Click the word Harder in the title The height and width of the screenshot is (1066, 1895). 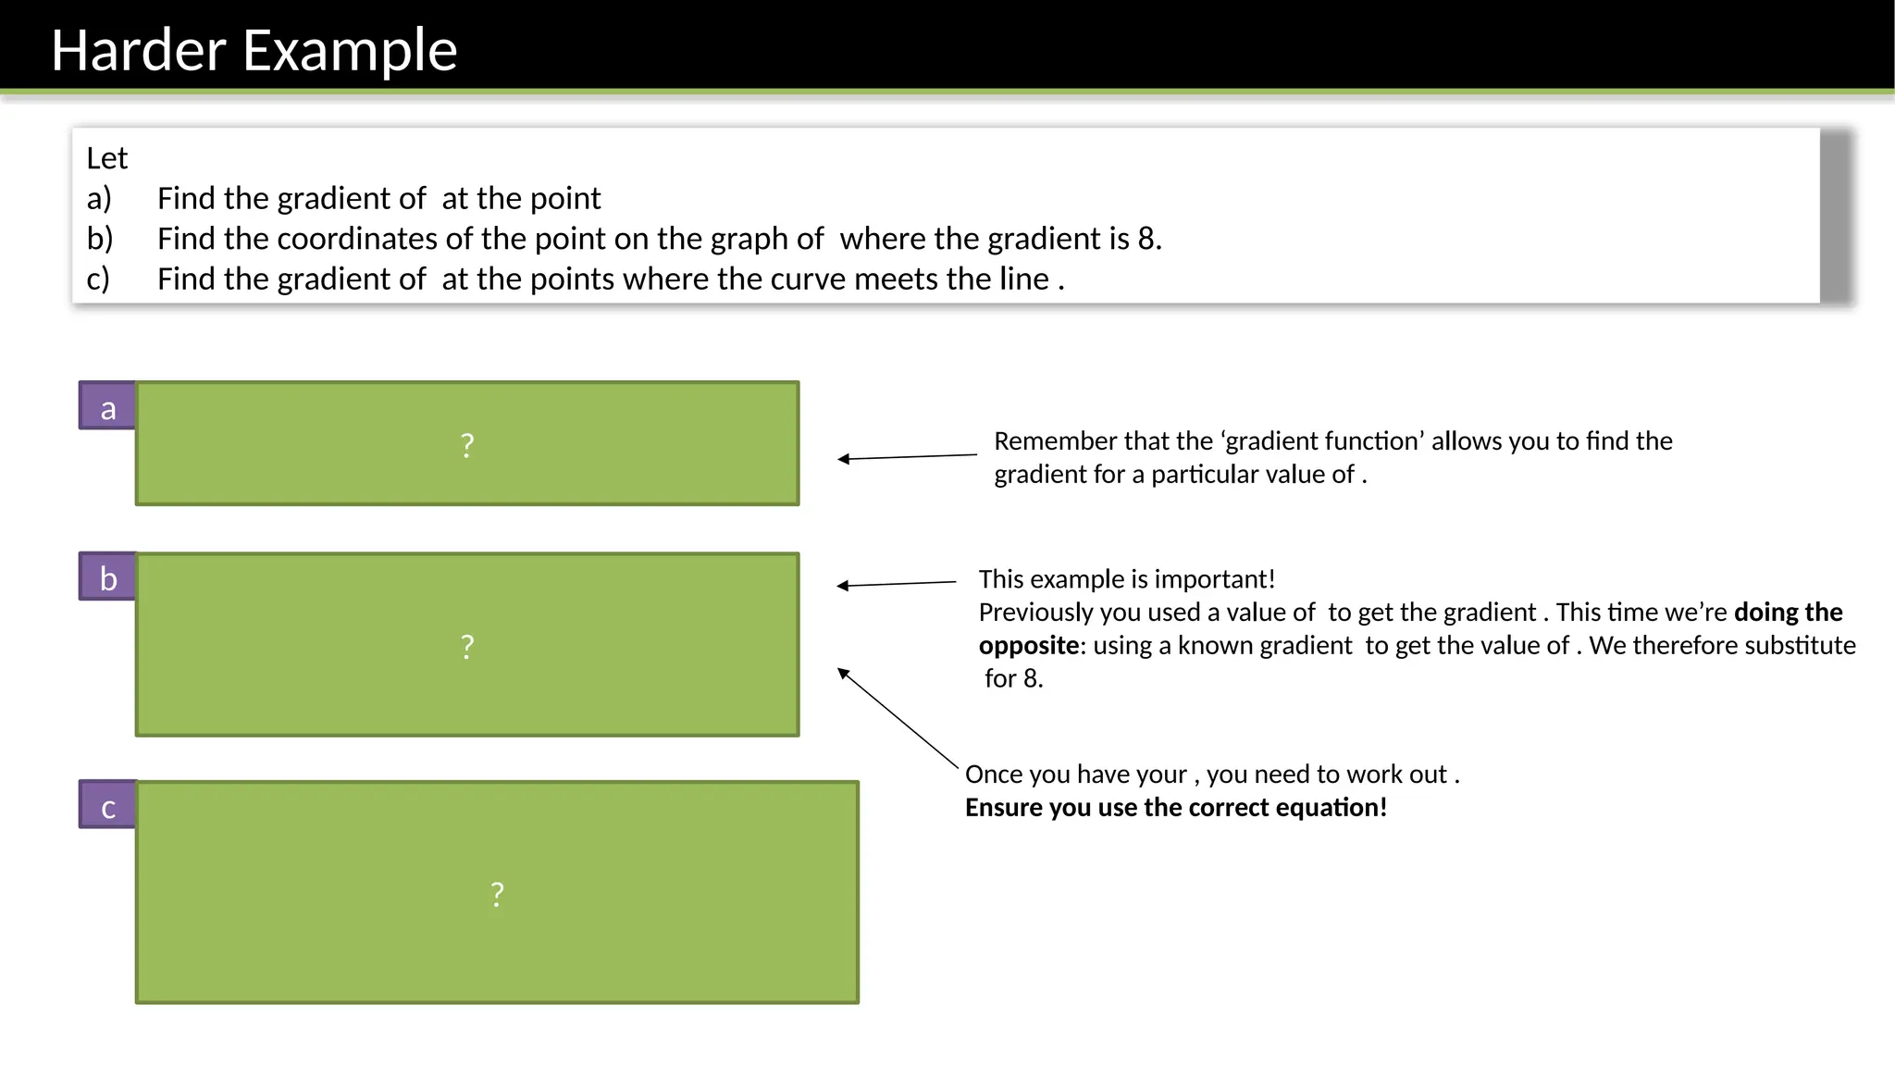pos(139,50)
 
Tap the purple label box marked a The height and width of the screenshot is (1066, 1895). pos(107,407)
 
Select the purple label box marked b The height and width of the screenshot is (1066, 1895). pos(107,578)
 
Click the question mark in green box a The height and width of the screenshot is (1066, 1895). pos(467,445)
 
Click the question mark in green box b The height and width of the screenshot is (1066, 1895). pos(467,646)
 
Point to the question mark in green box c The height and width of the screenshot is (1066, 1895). pos(497,894)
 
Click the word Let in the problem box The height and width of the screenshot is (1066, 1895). pos(106,158)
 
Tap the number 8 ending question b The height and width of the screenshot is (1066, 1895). pos(1147,239)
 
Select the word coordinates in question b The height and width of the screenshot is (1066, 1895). pos(357,239)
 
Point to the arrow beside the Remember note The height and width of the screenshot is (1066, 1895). pos(907,457)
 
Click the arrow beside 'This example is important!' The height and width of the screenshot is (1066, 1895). pos(896,584)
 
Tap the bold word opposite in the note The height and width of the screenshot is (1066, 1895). pos(1028,645)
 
